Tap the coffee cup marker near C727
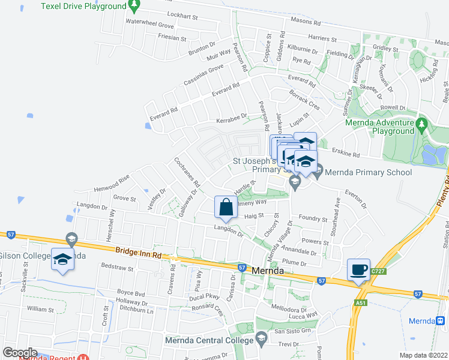pyautogui.click(x=358, y=269)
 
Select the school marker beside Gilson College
pyautogui.click(x=63, y=259)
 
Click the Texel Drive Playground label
pyautogui.click(x=84, y=6)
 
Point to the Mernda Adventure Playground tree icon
pyautogui.click(x=421, y=125)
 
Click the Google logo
pyautogui.click(x=20, y=353)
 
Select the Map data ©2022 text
pyautogui.click(x=423, y=355)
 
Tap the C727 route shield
pyautogui.click(x=378, y=272)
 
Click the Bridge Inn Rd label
pyautogui.click(x=139, y=254)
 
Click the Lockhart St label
pyautogui.click(x=182, y=17)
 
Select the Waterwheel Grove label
pyautogui.click(x=149, y=26)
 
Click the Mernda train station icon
pyautogui.click(x=441, y=321)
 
